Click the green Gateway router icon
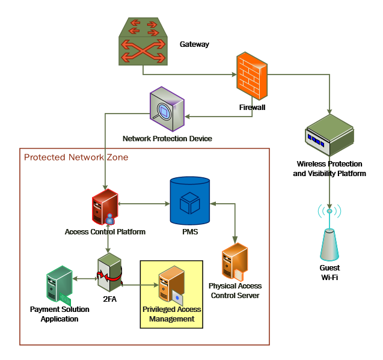[143, 41]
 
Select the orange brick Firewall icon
[252, 76]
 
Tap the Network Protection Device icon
[167, 109]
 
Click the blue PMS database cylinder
[190, 201]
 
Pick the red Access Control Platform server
[105, 207]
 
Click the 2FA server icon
[109, 272]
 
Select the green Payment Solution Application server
[59, 284]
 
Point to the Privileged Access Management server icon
[171, 284]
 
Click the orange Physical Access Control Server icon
[235, 262]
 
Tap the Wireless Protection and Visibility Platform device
[329, 135]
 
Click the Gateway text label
[194, 44]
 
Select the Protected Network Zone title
[76, 157]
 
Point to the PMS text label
[190, 231]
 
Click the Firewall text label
[252, 108]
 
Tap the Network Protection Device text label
[167, 138]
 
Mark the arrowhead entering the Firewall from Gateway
[234, 75]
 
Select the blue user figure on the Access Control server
[110, 219]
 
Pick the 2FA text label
[109, 299]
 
